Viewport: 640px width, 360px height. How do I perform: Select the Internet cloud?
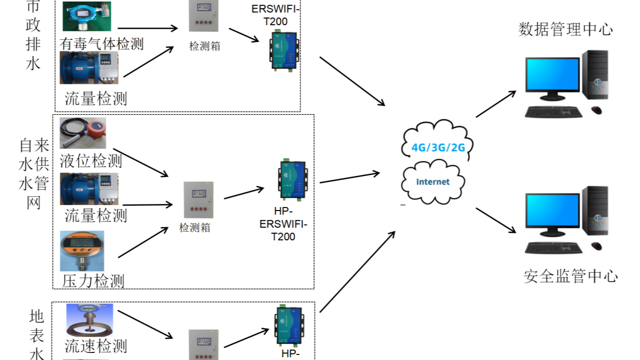(432, 182)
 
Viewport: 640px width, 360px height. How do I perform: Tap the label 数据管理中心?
(566, 29)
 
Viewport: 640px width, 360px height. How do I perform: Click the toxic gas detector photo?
(87, 17)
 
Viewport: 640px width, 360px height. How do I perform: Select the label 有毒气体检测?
(102, 43)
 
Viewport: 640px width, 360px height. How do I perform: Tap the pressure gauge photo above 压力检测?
(82, 251)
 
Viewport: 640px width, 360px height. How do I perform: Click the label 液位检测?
(91, 161)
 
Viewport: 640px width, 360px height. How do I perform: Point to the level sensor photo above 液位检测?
(83, 133)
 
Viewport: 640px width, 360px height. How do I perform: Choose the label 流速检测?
(95, 346)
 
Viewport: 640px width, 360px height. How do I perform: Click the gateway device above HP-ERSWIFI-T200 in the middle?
(292, 180)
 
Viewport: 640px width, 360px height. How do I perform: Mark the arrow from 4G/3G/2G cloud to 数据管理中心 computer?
(496, 104)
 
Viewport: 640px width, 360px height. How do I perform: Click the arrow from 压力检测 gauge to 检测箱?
(142, 242)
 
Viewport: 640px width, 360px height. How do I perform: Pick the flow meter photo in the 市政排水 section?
(89, 67)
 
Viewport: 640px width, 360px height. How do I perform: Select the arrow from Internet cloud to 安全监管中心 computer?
(496, 220)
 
